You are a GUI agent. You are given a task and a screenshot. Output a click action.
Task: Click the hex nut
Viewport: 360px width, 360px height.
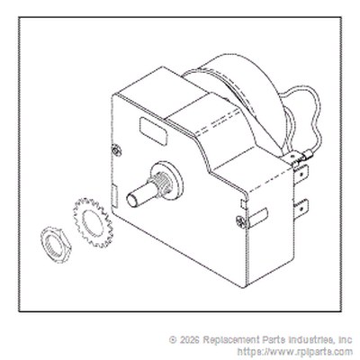56,245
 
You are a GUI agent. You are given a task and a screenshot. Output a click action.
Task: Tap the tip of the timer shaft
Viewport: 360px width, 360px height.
131,201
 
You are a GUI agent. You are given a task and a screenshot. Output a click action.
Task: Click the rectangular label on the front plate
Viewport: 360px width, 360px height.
153,131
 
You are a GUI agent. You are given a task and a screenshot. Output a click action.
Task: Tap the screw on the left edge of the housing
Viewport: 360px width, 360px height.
116,150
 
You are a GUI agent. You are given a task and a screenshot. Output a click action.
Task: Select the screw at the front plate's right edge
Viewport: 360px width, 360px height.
242,222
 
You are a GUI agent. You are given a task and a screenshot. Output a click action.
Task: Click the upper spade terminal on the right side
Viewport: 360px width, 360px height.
301,175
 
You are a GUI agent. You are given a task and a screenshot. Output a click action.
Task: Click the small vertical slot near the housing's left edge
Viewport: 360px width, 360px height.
114,196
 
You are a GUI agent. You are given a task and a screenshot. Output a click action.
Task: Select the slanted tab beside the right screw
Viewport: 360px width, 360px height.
257,218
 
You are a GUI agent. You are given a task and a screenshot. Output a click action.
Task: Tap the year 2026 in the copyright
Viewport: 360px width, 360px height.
189,340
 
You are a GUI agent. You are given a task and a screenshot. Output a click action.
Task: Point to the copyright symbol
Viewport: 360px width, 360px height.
173,340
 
